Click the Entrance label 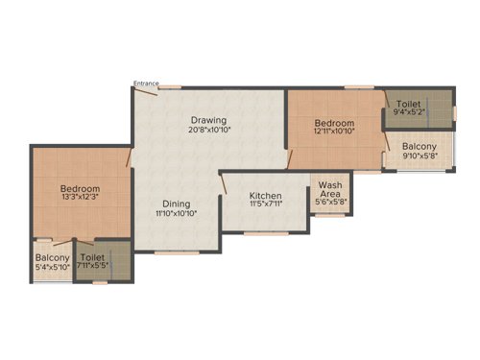pyautogui.click(x=147, y=83)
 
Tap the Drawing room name pyautogui.click(x=207, y=119)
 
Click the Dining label pyautogui.click(x=176, y=204)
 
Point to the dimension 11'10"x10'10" pyautogui.click(x=176, y=214)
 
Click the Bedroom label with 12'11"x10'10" pyautogui.click(x=335, y=124)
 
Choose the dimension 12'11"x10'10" pyautogui.click(x=335, y=133)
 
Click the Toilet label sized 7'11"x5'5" pyautogui.click(x=93, y=257)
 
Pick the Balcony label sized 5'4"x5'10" pyautogui.click(x=53, y=257)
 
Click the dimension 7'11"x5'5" pyautogui.click(x=93, y=267)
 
